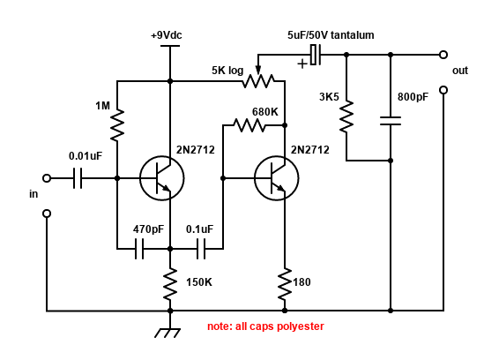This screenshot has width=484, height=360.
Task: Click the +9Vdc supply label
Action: tap(166, 35)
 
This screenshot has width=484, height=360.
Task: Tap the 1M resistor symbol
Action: tap(117, 125)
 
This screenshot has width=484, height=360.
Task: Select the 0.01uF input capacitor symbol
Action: tap(78, 178)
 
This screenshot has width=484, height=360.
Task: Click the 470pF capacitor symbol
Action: tap(139, 249)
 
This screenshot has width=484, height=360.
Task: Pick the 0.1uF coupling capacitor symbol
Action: tap(201, 249)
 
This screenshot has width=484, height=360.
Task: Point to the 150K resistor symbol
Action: tap(170, 284)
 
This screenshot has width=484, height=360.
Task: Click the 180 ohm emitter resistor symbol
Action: tap(285, 284)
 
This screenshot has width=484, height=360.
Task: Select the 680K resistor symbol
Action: tap(249, 125)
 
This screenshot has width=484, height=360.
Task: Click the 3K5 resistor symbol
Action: tap(346, 116)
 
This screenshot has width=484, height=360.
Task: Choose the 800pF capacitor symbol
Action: tap(391, 121)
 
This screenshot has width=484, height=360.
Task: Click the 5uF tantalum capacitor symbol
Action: tap(316, 55)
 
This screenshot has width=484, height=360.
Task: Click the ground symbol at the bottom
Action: tap(168, 334)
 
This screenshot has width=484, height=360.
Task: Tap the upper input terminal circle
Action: tap(47, 178)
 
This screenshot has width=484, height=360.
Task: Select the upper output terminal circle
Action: tap(443, 55)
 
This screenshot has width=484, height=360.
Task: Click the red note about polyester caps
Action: tap(265, 326)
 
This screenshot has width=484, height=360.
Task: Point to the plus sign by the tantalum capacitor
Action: tap(302, 64)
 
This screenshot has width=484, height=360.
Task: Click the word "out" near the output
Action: tap(460, 71)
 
